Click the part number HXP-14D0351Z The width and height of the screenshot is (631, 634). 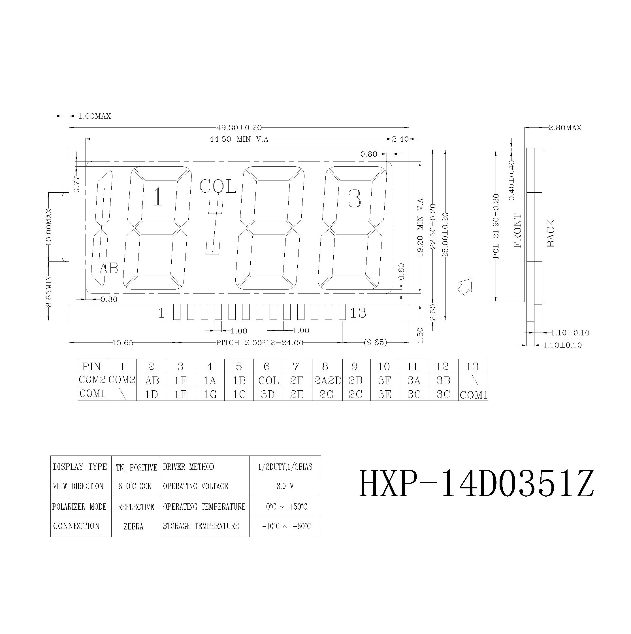[476, 484]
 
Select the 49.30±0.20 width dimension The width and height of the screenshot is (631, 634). [239, 128]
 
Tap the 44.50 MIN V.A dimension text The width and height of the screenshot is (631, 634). [239, 139]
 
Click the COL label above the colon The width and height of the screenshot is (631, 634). [218, 187]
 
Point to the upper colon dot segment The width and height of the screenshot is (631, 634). [216, 207]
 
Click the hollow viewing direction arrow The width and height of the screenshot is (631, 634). [465, 286]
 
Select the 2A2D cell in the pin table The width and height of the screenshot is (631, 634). [327, 380]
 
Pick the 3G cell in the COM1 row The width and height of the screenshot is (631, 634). [414, 394]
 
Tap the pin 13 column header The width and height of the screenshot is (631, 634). [472, 366]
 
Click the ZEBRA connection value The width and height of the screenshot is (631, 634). [134, 527]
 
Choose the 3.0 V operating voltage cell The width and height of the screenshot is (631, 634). [285, 486]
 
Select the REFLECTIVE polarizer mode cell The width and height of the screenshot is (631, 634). [136, 507]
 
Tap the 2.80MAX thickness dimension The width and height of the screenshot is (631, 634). [565, 128]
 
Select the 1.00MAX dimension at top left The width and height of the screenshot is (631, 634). [95, 116]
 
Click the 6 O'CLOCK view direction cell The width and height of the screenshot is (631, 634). [135, 486]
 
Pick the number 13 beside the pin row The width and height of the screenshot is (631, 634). [358, 313]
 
